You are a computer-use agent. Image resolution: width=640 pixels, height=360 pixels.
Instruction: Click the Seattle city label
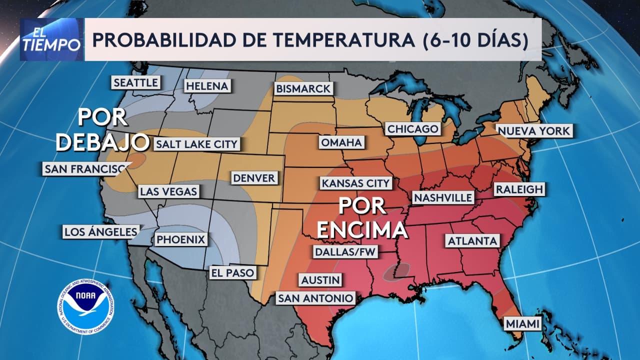[135, 82]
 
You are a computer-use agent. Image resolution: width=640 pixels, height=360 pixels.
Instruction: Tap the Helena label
[206, 86]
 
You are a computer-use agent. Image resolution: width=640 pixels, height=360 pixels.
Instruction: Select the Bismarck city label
[303, 88]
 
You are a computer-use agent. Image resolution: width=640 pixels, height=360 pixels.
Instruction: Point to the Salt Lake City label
[196, 144]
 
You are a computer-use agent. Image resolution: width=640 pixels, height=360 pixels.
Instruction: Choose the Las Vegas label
[168, 191]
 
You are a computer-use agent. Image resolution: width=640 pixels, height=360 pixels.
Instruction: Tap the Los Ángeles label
[100, 231]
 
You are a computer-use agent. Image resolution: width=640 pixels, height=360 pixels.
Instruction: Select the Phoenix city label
[181, 239]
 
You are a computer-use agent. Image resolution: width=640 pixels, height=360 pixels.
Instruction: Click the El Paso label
[232, 273]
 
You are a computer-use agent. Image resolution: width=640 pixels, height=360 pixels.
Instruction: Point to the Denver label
[254, 177]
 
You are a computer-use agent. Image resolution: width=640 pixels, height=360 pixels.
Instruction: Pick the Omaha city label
[341, 142]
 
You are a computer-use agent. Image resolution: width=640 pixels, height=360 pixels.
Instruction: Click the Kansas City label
[355, 183]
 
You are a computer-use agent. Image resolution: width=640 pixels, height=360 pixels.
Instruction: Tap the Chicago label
[413, 129]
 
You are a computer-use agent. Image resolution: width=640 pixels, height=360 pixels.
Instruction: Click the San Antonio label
[315, 298]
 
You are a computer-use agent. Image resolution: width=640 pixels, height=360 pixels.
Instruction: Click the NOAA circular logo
[85, 304]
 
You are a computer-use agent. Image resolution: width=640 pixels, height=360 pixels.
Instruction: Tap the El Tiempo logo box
[51, 39]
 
